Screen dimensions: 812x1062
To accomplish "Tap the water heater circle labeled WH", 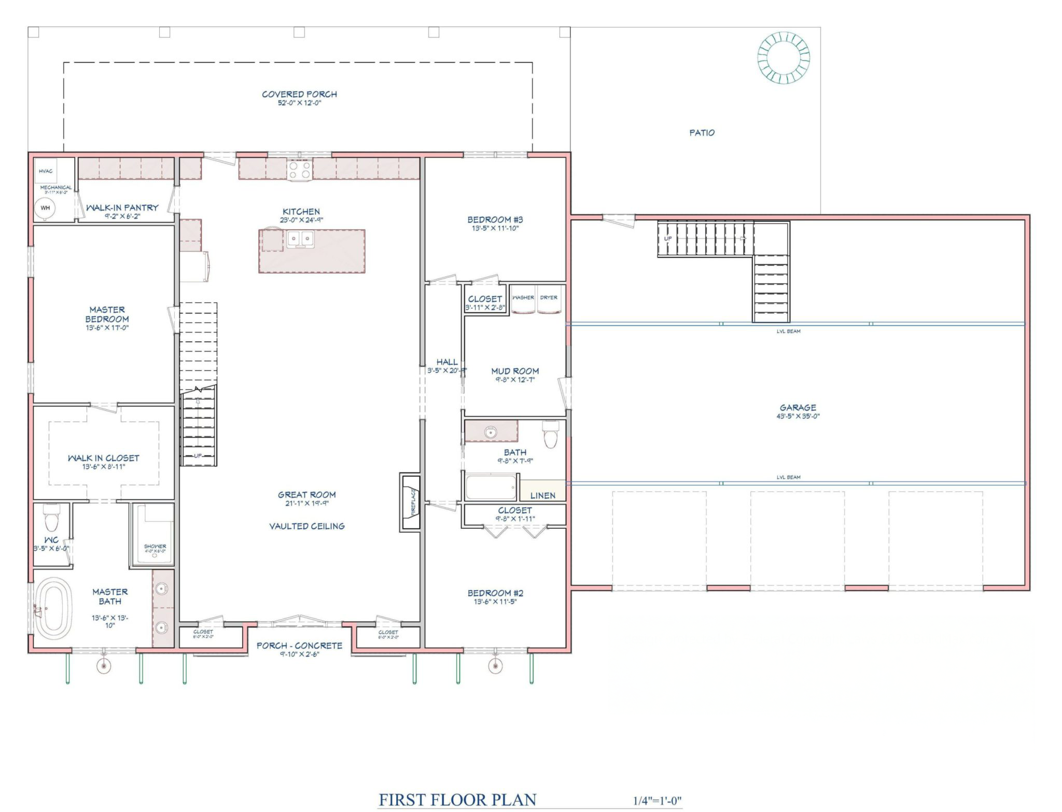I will tap(45, 208).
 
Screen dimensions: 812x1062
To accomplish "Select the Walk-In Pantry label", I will tap(122, 207).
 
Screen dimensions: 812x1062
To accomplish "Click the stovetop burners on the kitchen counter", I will tap(300, 170).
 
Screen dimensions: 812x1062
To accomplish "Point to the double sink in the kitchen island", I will tap(301, 239).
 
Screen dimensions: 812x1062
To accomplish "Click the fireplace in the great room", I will tap(410, 501).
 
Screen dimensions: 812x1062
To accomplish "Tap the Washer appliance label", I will tap(523, 298).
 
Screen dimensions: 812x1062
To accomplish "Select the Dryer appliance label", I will tap(549, 298).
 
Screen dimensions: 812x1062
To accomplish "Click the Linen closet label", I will tap(543, 496).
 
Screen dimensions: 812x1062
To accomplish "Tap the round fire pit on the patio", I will tap(783, 58).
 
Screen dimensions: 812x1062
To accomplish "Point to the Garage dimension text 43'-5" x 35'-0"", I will tap(798, 416).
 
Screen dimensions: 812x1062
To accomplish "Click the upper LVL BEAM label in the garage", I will tap(788, 331).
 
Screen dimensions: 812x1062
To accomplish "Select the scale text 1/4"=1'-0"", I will tap(658, 801).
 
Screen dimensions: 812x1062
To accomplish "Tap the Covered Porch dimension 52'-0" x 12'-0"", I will tap(299, 103).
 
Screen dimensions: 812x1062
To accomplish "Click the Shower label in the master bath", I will tap(155, 547).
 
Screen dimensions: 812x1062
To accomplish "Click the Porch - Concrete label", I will tap(299, 646).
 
